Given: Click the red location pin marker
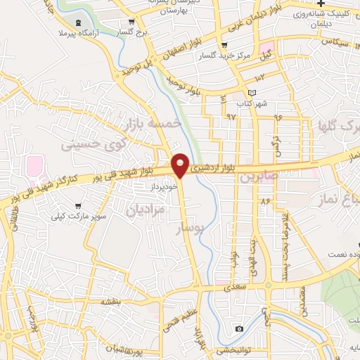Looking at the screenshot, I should [x=181, y=165].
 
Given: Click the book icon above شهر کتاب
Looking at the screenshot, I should [x=252, y=93].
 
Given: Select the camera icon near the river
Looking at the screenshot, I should [x=239, y=328].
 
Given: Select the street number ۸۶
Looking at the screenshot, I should [x=265, y=201].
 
